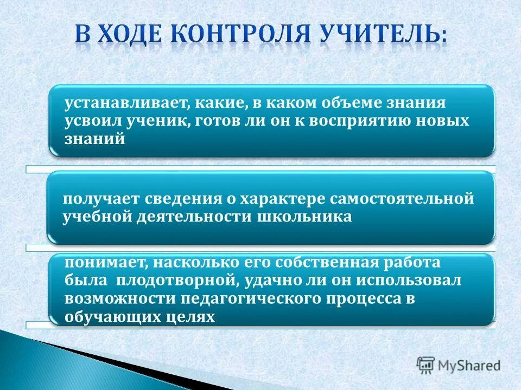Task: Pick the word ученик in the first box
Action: click(x=157, y=121)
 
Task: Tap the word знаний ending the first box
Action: click(x=96, y=139)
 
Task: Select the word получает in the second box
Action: click(x=101, y=199)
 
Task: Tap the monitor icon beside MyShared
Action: click(x=425, y=365)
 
